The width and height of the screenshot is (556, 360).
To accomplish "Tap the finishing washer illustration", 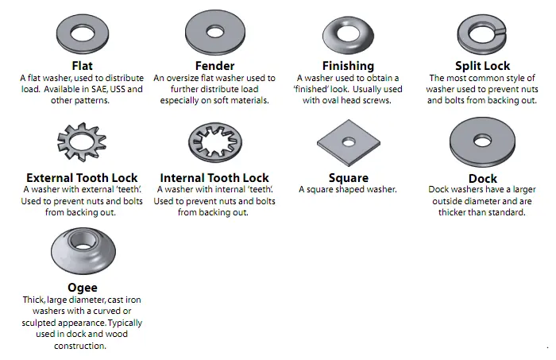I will (x=348, y=33).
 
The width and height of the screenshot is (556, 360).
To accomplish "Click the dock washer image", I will (x=481, y=142).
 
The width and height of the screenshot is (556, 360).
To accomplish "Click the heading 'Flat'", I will (x=82, y=65).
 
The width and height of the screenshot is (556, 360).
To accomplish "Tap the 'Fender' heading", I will (x=214, y=65).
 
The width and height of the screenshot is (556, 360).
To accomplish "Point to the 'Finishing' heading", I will (x=348, y=65).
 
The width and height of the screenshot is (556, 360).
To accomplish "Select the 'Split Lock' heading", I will (x=482, y=65).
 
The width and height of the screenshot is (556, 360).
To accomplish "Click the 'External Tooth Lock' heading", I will (x=82, y=177).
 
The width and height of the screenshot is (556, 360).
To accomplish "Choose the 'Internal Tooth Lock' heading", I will (x=214, y=177).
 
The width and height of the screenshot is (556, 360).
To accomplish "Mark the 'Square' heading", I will (x=348, y=177).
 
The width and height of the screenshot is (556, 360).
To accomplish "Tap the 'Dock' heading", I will (x=482, y=178).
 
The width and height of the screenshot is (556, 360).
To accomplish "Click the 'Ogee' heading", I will (x=83, y=287).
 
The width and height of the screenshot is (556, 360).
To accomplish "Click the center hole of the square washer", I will (x=348, y=141).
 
